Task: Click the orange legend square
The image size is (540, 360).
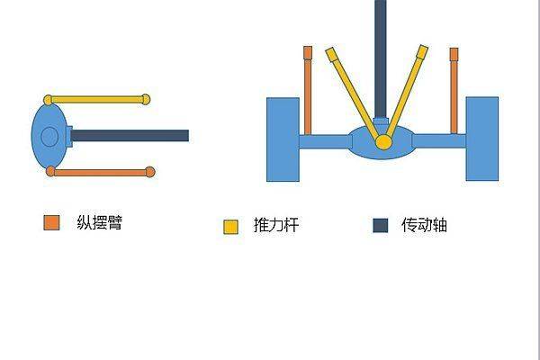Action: point(51,222)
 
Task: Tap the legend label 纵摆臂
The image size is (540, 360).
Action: point(99,222)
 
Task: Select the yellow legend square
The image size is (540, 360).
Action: point(230,227)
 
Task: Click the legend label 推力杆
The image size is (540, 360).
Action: point(276,226)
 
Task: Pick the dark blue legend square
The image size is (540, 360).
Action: point(380,225)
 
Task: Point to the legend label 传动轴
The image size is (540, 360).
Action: point(424,225)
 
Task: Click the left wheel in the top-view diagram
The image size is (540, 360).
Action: point(283,138)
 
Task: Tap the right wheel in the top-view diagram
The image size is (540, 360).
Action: point(481,138)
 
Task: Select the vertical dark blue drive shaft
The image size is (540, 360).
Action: point(381,54)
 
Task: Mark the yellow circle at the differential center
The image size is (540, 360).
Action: point(383,142)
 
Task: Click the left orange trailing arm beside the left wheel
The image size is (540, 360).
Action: point(308,90)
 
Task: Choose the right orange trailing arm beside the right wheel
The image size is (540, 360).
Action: point(454,90)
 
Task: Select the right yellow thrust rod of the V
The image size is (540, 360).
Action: point(409,90)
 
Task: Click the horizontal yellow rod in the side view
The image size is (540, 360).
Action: point(97,99)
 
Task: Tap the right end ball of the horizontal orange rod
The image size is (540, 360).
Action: point(150,172)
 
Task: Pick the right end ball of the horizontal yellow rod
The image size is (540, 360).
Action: point(146,99)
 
